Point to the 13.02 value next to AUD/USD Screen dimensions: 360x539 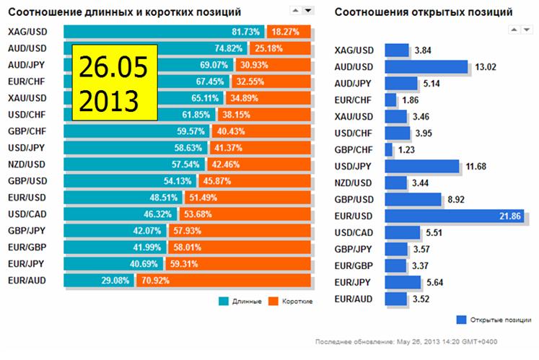(483, 67)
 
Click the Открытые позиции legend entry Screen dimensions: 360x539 (494, 320)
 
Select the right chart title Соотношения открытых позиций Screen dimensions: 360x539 (424, 12)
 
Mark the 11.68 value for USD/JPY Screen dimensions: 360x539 (476, 167)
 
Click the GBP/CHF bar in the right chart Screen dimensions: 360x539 (389, 149)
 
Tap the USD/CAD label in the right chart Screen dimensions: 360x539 (355, 232)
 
